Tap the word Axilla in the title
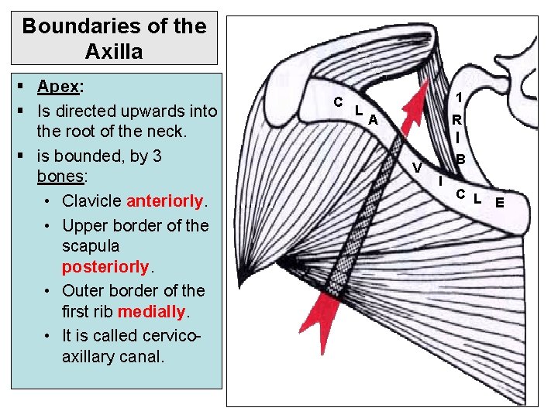point(114,52)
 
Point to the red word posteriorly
point(104,267)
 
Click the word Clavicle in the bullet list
point(91,201)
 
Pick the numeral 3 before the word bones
point(157,156)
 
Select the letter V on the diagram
point(417,168)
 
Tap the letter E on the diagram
point(500,203)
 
